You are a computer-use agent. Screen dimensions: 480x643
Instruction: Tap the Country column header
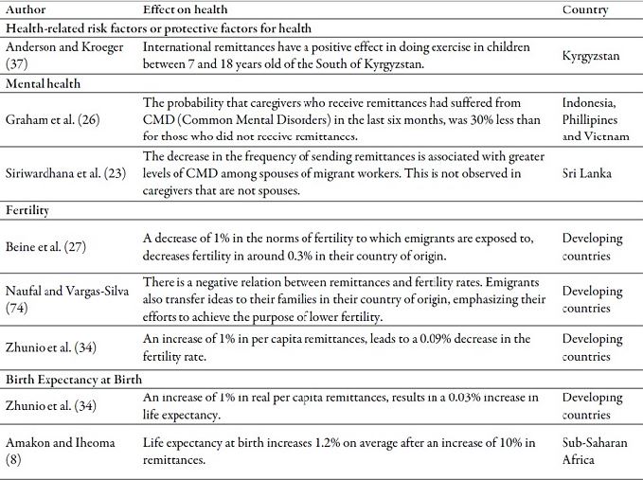[x=584, y=9]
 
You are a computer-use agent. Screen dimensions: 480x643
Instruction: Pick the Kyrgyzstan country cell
[x=590, y=55]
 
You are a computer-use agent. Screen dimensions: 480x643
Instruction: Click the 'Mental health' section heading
[x=44, y=82]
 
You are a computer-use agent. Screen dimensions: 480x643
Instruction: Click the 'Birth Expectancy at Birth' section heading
[x=74, y=379]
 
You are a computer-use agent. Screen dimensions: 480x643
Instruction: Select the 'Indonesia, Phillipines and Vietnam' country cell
[x=589, y=120]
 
